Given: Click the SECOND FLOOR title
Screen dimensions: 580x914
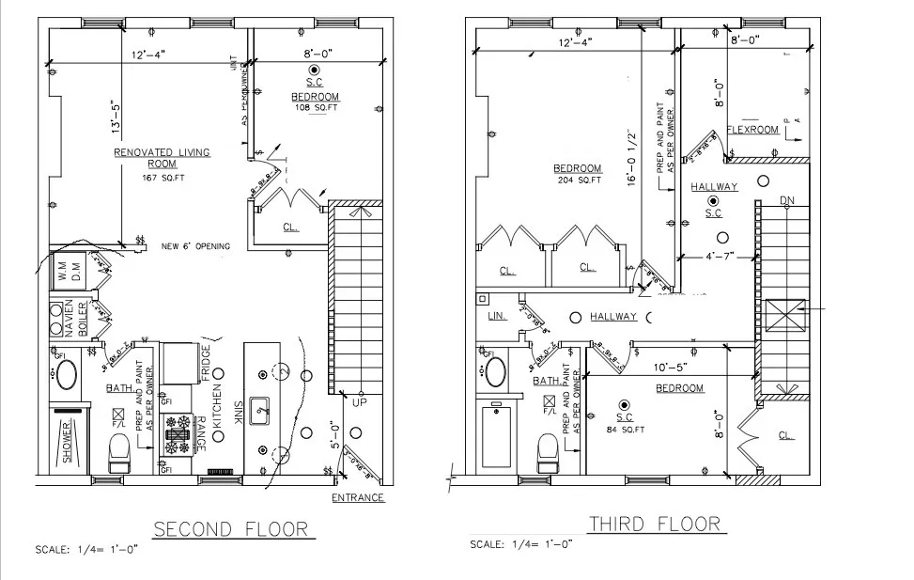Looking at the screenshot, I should click(230, 529).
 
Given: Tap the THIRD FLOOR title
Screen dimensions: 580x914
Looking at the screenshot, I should click(654, 524).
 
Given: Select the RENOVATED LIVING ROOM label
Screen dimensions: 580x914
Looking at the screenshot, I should click(162, 157).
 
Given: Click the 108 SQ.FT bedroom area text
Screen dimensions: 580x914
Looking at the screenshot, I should click(315, 108).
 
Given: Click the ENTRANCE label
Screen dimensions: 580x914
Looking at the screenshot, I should click(358, 497).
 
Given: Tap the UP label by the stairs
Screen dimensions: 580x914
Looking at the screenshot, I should click(360, 401).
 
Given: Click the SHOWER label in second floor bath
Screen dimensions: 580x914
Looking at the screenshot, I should click(68, 442).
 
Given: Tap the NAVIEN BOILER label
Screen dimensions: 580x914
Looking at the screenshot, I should click(74, 320).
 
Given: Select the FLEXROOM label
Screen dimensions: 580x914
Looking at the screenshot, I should click(752, 130).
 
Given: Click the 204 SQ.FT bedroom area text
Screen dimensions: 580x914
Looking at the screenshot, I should click(579, 180).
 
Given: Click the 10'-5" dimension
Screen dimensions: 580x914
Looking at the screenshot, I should click(671, 368).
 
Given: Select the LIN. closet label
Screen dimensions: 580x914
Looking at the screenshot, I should click(497, 316).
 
